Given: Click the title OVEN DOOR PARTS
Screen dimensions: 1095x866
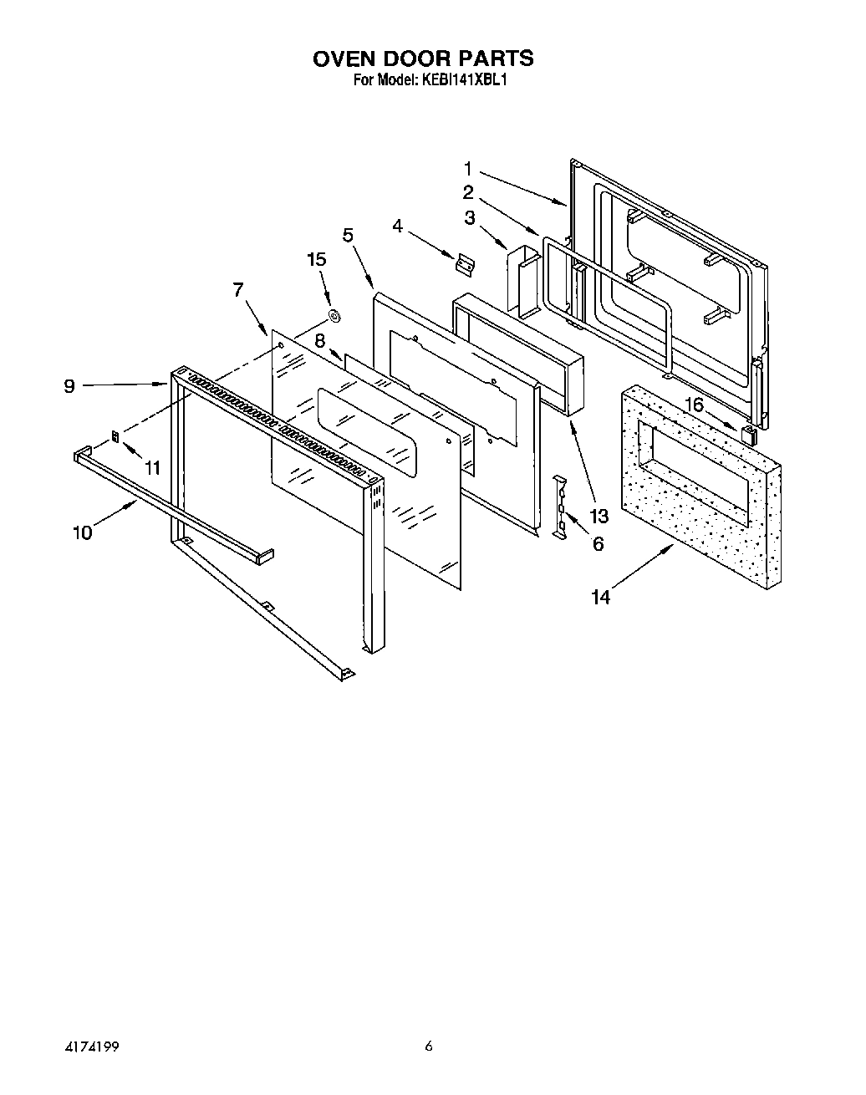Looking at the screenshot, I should point(423,58).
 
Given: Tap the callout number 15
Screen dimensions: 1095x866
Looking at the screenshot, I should point(316,259).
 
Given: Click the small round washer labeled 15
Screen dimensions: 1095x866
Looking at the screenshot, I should point(334,316).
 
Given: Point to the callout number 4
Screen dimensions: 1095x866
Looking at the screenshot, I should point(398,226).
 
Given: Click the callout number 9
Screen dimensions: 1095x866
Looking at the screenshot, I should point(69,385).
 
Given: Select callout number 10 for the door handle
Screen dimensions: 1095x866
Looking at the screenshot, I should point(83,532).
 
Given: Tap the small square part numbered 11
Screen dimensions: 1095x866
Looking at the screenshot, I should point(116,436).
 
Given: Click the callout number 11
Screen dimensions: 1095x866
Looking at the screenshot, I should point(151,469).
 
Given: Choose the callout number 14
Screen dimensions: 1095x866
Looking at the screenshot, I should point(600,597).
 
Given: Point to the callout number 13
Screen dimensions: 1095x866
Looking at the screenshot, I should point(599,514).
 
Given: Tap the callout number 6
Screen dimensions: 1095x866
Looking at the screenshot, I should point(598,544).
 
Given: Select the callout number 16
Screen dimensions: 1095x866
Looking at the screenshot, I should point(694,405).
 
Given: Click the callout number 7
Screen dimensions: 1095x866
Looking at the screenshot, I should point(238,289).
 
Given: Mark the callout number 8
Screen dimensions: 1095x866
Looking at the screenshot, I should point(319,340).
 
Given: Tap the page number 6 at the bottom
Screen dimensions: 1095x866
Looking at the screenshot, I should point(429,1046).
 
